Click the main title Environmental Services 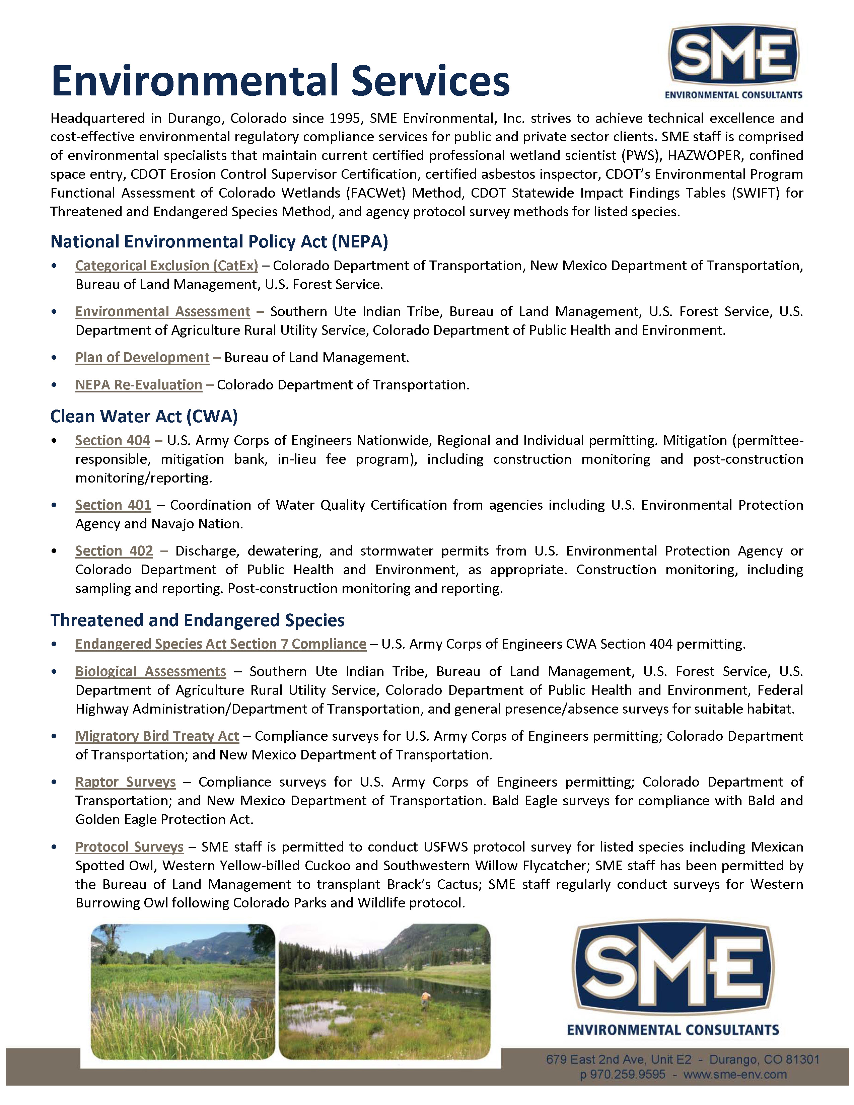click(x=280, y=81)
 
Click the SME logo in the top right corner click(x=733, y=61)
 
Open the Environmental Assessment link click(x=162, y=312)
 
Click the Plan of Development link click(x=142, y=357)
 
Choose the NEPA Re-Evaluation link click(x=139, y=385)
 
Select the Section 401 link click(x=113, y=505)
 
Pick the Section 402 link click(x=114, y=551)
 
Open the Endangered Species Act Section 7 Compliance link click(x=221, y=644)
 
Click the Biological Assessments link click(x=150, y=671)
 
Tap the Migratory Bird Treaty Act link click(x=157, y=736)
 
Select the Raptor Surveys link click(x=126, y=782)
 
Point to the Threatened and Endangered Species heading click(x=197, y=620)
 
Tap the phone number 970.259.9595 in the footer click(x=627, y=1074)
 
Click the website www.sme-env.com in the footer click(x=734, y=1074)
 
